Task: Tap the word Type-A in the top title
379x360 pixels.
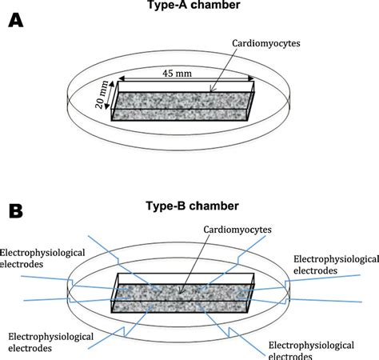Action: (x=173, y=6)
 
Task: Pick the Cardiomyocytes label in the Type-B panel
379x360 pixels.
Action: (x=225, y=230)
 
